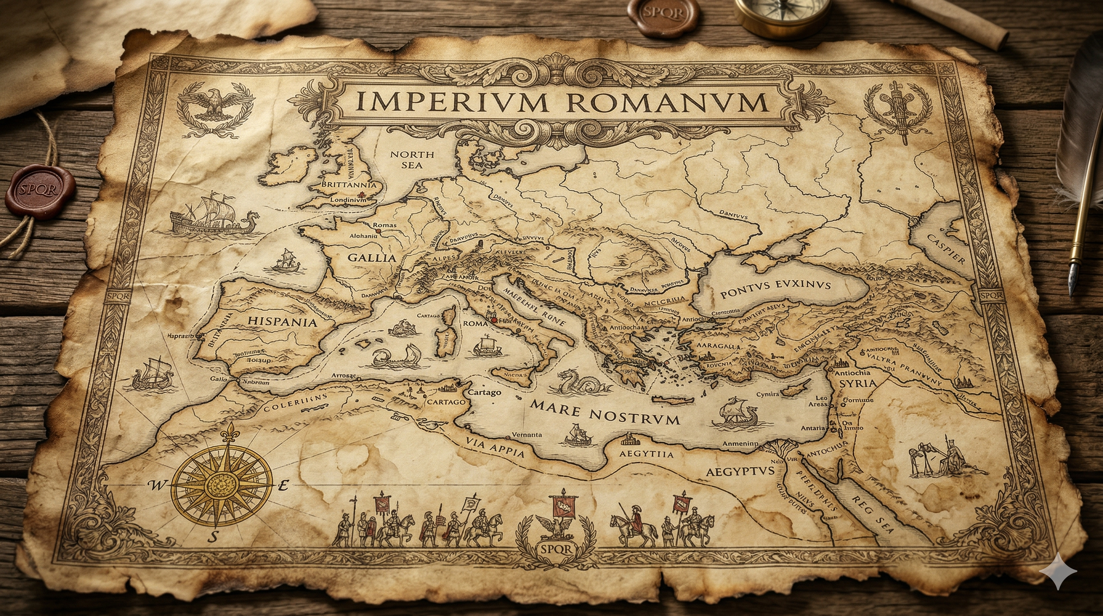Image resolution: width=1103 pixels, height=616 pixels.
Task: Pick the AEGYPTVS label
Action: [x=740, y=471]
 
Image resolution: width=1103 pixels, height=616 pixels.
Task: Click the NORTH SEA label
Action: [x=412, y=160]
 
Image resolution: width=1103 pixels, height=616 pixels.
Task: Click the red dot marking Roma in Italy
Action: [x=494, y=321]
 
